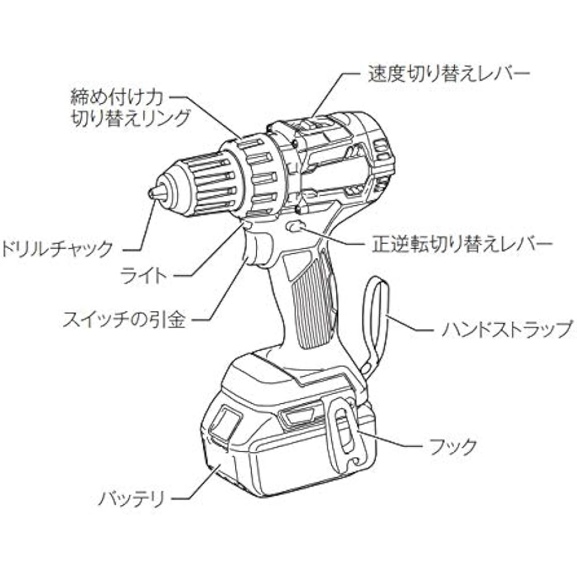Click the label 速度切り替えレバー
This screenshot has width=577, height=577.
(449, 74)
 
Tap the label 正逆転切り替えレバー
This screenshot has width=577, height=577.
(462, 243)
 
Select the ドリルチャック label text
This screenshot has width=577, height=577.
(57, 249)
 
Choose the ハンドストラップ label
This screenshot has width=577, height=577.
(508, 329)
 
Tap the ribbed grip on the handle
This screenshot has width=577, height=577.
(316, 298)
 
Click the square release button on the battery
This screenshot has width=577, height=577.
(224, 422)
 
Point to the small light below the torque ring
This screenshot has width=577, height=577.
(248, 224)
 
